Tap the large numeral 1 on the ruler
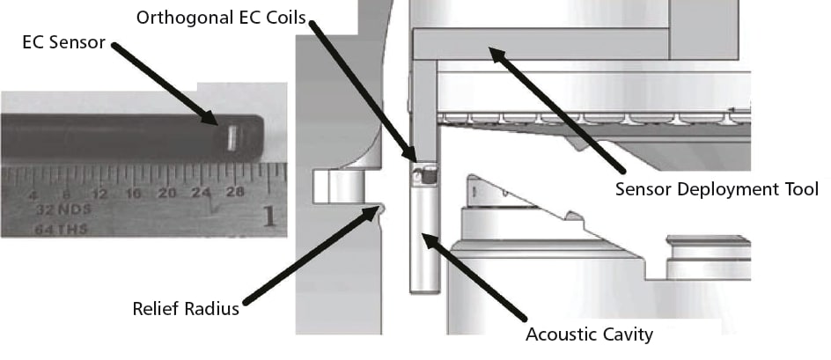click(269, 215)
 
